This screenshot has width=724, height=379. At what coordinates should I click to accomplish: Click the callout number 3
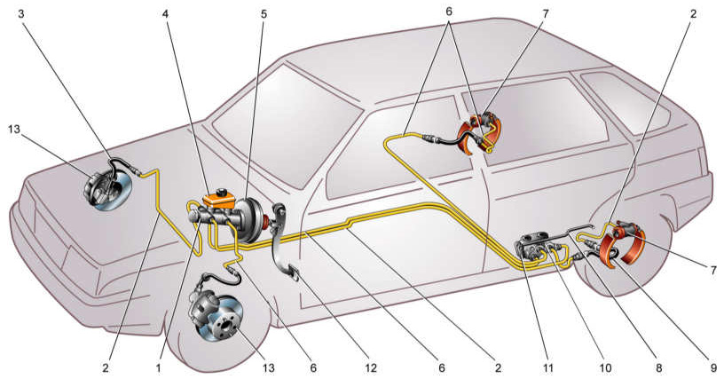(x=20, y=14)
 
